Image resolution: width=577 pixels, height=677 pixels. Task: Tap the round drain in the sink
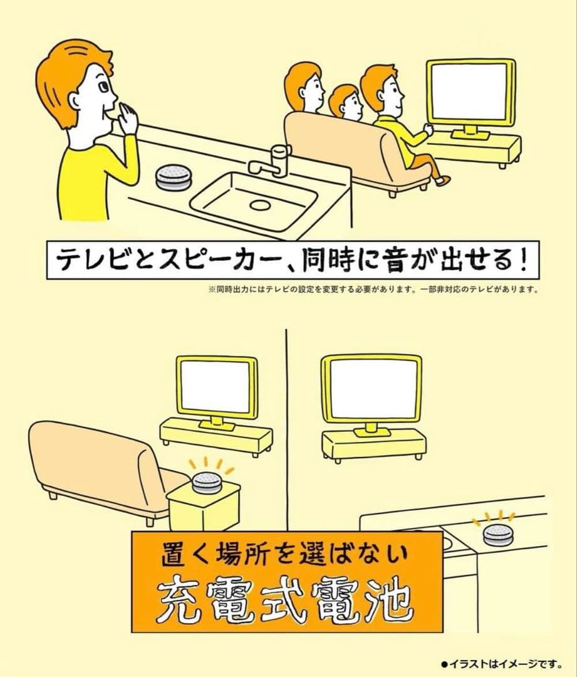pos(258,204)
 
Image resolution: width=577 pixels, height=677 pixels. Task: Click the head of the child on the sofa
pos(345,102)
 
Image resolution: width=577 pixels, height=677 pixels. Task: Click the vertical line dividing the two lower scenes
pos(286,426)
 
